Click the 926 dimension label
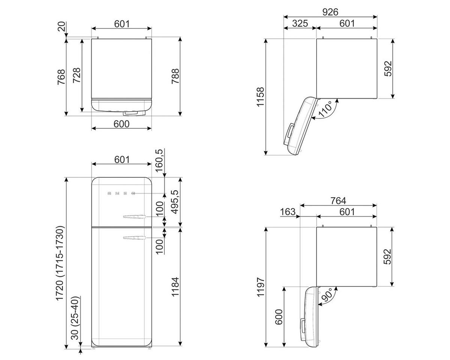pos(330,12)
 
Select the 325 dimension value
pos(300,23)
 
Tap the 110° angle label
pos(325,109)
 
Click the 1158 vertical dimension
pos(261,97)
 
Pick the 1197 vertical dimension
pos(261,287)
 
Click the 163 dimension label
pos(288,212)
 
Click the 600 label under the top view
pos(121,124)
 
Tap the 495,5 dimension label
pos(175,202)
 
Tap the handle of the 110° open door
pos(289,134)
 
